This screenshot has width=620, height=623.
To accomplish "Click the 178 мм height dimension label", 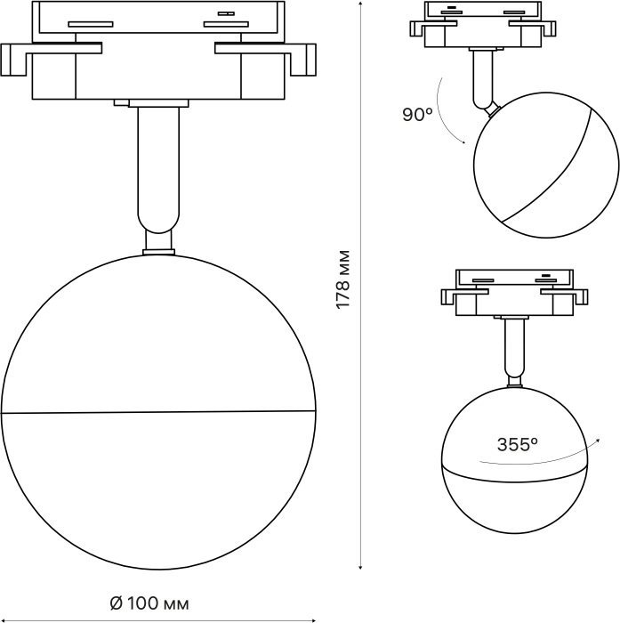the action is (x=342, y=279).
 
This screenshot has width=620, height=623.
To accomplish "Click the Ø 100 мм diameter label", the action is (x=149, y=604).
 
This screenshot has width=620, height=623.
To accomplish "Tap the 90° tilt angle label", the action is (x=417, y=115).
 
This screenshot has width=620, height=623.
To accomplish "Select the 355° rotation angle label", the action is (x=518, y=444).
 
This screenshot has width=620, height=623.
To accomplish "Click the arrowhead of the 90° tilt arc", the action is (x=463, y=142).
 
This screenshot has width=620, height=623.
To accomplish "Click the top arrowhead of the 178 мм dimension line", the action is (x=360, y=4).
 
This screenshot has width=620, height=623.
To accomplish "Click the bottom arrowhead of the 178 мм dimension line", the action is (x=360, y=568).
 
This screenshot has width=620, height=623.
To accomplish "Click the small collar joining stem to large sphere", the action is (x=158, y=252).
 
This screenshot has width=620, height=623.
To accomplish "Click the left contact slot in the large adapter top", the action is (x=91, y=24).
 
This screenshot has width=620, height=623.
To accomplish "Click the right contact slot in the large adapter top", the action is (x=226, y=24).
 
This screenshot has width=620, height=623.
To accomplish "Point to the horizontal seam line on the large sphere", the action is (x=158, y=411).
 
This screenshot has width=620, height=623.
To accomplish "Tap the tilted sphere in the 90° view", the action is (x=546, y=166).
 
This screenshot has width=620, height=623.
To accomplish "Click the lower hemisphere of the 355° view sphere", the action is (x=514, y=501).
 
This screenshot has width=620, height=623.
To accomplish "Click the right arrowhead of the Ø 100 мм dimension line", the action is (x=313, y=619).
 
